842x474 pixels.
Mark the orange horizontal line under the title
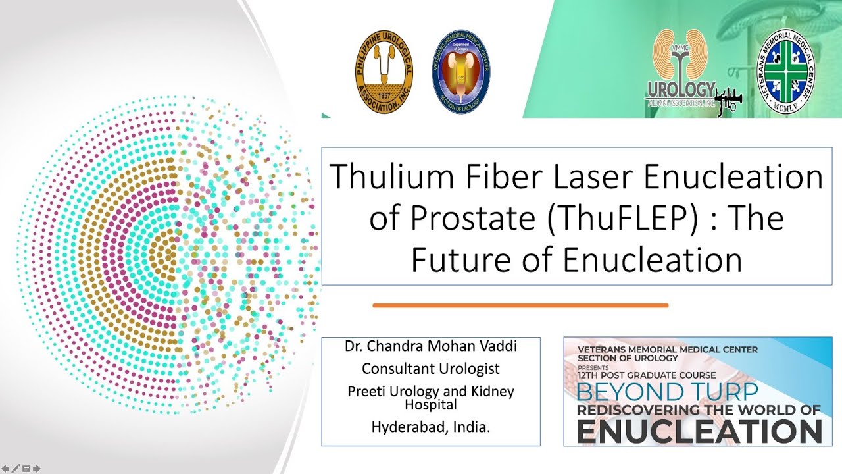(520, 305)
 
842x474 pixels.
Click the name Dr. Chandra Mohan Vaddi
(431, 346)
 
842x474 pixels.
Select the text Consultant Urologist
(431, 369)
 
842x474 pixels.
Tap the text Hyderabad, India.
(431, 427)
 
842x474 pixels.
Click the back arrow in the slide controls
(6, 469)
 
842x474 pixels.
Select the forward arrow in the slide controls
(37, 469)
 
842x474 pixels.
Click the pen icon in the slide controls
(16, 469)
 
